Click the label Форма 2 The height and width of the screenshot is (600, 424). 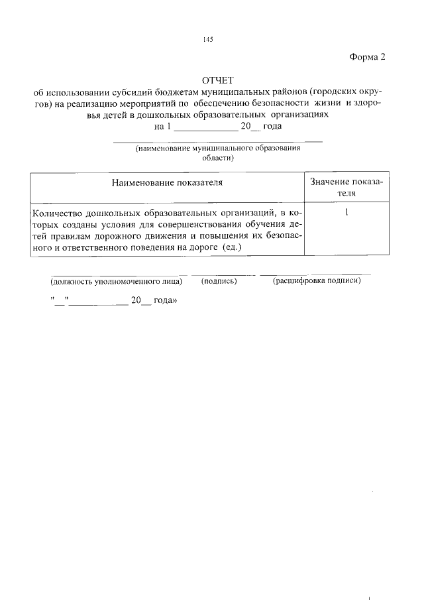click(366, 57)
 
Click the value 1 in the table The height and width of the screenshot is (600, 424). click(347, 213)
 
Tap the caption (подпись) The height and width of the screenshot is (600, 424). click(219, 281)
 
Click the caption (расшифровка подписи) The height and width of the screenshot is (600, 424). click(317, 281)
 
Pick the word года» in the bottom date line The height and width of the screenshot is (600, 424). click(165, 300)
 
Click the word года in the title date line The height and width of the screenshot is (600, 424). click(272, 126)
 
